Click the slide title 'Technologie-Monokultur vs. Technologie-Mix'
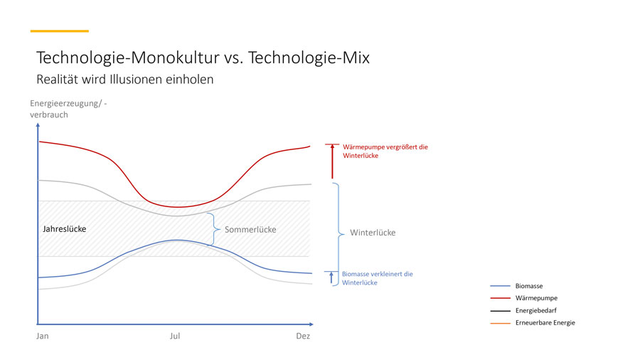203,58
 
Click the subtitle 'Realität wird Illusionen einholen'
125,79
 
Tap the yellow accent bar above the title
60,31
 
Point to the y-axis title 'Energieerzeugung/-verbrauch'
68,109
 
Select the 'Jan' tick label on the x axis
43,336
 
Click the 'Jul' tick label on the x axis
175,336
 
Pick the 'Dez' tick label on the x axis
303,336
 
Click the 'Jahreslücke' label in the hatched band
65,229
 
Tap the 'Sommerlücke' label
250,230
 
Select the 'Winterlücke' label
373,233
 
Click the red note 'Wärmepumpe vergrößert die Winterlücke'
385,151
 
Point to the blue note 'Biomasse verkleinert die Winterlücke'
377,278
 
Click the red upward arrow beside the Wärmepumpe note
332,162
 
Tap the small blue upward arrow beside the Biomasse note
331,277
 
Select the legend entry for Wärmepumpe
524,298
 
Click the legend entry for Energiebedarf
523,311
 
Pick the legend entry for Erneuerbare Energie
533,323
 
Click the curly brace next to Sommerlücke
214,229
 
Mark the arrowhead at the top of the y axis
38,125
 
